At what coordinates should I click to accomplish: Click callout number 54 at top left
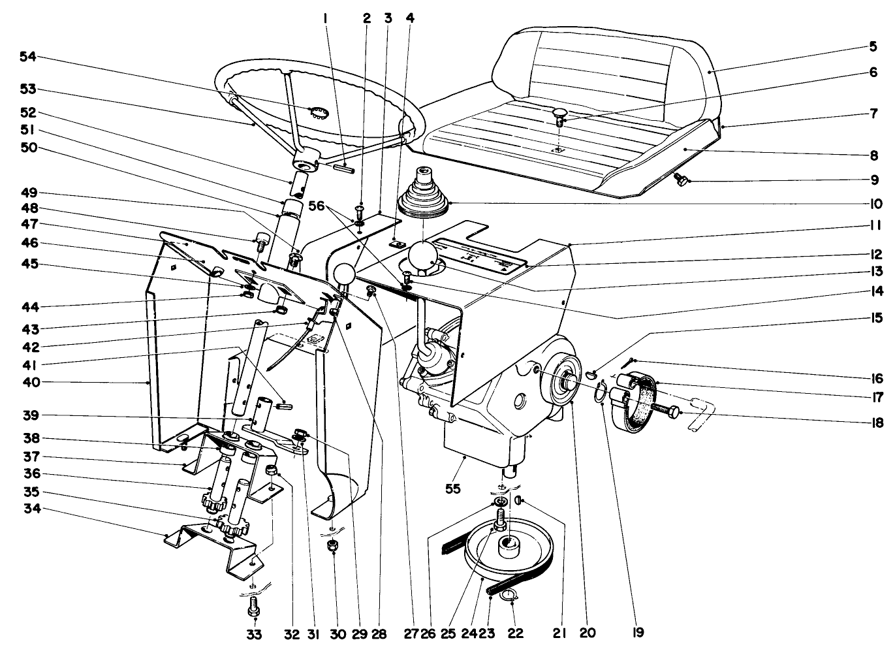coord(27,58)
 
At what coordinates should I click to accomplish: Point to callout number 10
coord(874,203)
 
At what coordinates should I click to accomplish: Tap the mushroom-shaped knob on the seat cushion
coord(559,115)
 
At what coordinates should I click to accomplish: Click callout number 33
coord(254,634)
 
